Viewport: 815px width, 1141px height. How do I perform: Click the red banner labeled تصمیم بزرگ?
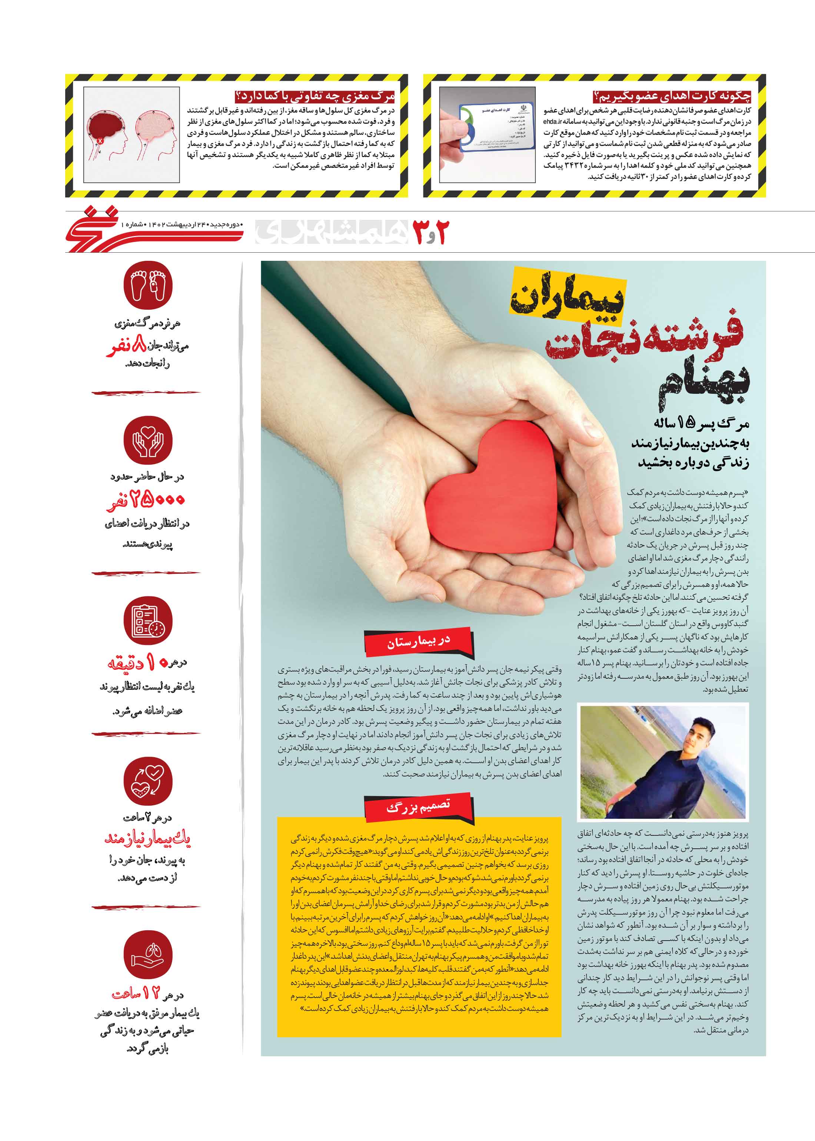click(418, 807)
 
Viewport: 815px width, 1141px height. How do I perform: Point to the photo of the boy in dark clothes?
click(662, 761)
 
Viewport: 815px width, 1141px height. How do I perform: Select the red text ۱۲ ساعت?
click(136, 992)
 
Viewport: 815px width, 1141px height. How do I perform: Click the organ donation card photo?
click(487, 134)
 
